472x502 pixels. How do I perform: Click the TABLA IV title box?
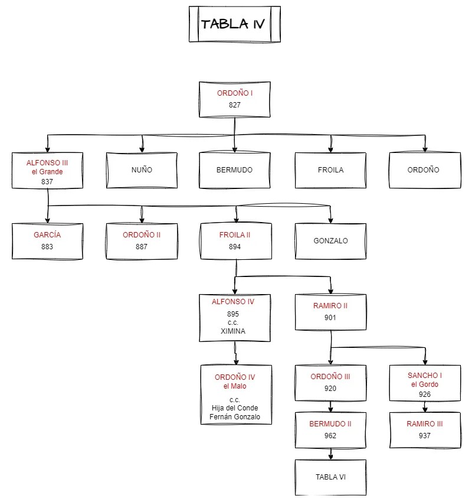(234, 24)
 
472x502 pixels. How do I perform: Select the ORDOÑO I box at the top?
(234, 99)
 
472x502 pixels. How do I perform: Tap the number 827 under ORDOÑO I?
(235, 105)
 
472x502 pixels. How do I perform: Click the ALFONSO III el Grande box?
(47, 171)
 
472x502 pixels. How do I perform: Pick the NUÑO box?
(142, 170)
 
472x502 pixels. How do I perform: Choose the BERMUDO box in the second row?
(234, 170)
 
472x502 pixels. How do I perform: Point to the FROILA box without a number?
(330, 170)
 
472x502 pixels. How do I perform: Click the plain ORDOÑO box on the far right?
(424, 170)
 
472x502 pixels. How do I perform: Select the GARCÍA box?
(47, 241)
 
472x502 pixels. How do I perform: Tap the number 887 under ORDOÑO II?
(142, 247)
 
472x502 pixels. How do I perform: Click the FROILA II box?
(235, 241)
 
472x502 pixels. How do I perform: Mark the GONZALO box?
(330, 241)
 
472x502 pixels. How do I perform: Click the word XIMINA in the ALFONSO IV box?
(233, 331)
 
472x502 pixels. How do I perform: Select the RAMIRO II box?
(330, 312)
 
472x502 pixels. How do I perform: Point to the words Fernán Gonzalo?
(235, 417)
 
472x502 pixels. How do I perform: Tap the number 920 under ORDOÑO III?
(330, 389)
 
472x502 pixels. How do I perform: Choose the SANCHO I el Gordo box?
(425, 383)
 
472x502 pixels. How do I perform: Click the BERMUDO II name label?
(330, 424)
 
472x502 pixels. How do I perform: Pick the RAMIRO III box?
(425, 430)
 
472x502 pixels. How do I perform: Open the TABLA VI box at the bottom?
(330, 477)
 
